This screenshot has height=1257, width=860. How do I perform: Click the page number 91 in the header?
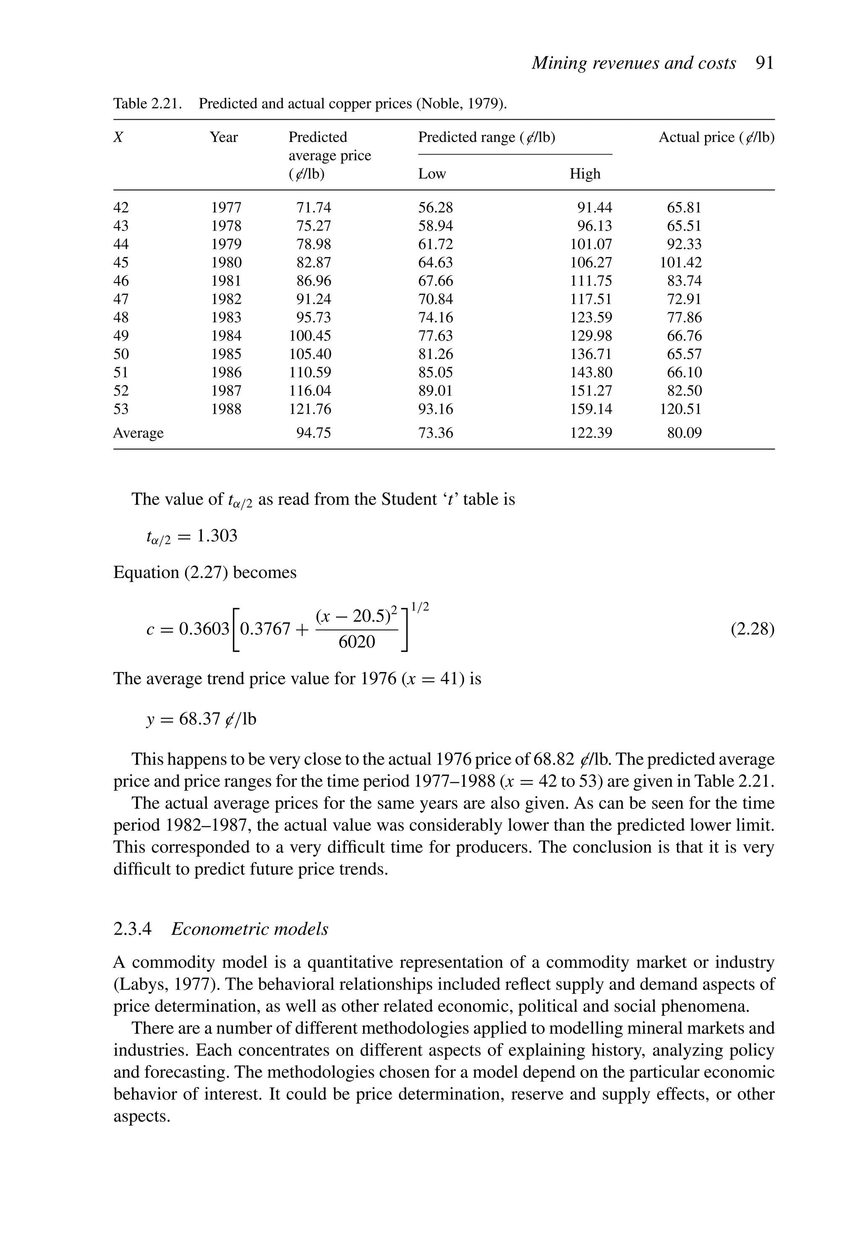[764, 63]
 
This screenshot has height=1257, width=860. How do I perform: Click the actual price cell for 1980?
[680, 263]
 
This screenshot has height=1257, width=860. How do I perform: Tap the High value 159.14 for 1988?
[591, 409]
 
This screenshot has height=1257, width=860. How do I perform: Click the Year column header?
[223, 137]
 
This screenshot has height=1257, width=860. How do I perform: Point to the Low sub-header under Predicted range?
[432, 173]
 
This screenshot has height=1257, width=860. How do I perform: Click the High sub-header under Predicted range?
[585, 173]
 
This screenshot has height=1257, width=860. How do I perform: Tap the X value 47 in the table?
[121, 299]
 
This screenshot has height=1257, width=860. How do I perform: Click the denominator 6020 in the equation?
[357, 642]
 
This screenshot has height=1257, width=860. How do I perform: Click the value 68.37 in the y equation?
[199, 719]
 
